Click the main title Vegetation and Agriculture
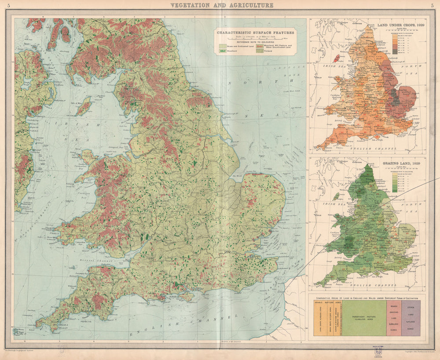pyautogui.click(x=222, y=5)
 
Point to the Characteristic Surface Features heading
pyautogui.click(x=256, y=33)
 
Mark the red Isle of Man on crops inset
pyautogui.click(x=337, y=58)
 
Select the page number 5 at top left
pyautogui.click(x=4, y=5)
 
